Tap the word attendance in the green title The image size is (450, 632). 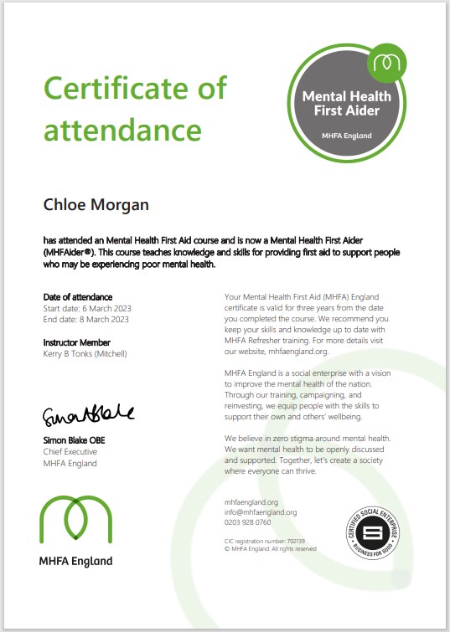coord(122,130)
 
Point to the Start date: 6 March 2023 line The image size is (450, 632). coord(87,308)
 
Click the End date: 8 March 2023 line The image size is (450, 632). coord(86,319)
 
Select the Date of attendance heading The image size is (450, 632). coord(77,297)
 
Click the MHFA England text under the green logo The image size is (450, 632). coord(76,561)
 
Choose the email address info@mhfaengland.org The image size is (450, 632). coord(261,512)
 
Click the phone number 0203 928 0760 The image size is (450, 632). coord(248,522)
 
